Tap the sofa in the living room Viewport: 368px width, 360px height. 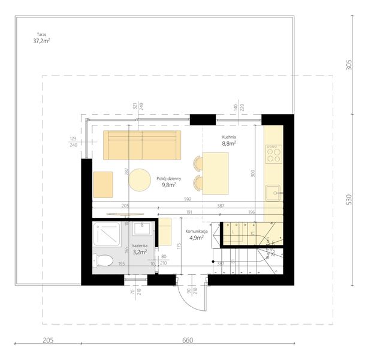[142, 145]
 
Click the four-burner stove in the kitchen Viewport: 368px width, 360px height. [273, 153]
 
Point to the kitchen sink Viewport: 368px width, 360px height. [274, 193]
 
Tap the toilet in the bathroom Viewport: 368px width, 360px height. [102, 260]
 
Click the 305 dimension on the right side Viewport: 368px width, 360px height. [349, 65]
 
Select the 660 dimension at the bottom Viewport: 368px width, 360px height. [188, 340]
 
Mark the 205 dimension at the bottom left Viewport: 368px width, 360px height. [49, 340]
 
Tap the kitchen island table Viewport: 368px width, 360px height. [216, 173]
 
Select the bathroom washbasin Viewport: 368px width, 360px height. [142, 229]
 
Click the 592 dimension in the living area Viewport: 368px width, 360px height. [187, 200]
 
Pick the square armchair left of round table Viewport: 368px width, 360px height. [103, 184]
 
